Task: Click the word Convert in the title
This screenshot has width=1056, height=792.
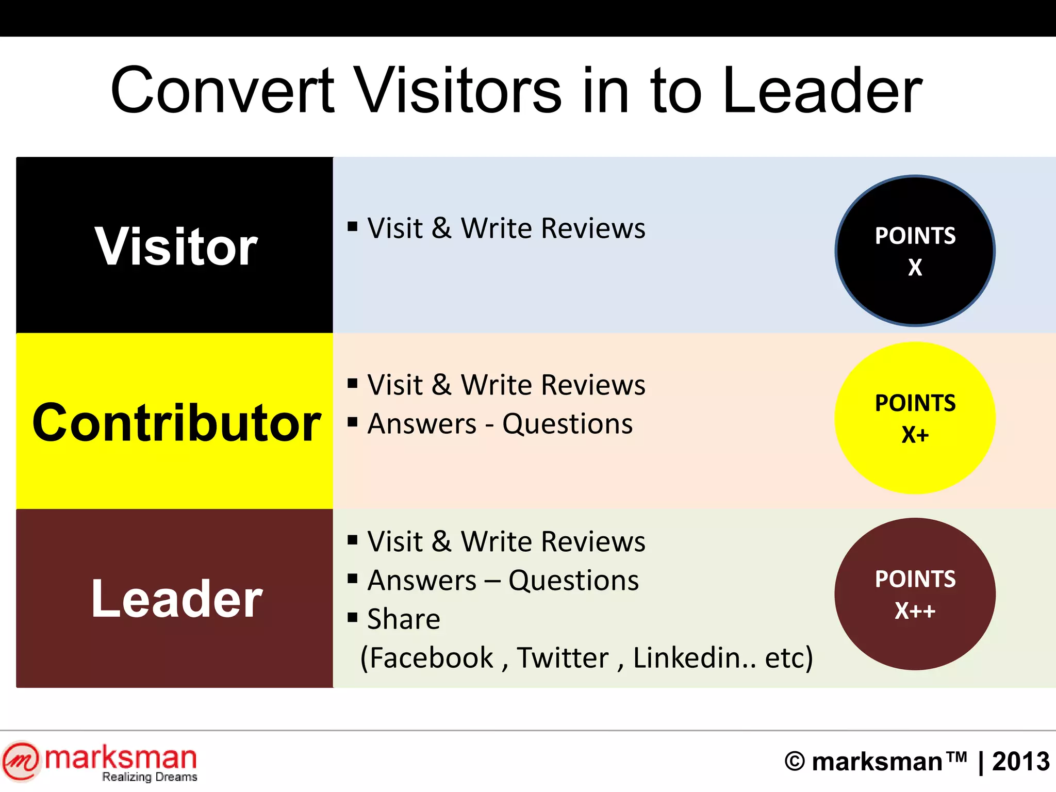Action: tap(223, 91)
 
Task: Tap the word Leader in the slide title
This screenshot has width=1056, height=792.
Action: tap(822, 91)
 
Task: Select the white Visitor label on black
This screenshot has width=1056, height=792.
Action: tap(176, 247)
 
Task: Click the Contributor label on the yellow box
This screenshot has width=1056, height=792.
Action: tap(176, 423)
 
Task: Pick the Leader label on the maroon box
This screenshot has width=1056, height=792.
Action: tap(176, 599)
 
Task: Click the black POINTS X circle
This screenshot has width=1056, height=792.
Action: tap(915, 251)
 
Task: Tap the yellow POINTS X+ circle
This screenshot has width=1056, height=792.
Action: tap(915, 418)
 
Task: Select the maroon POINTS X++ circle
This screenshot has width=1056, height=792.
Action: tap(915, 594)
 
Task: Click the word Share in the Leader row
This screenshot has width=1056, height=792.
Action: tap(404, 619)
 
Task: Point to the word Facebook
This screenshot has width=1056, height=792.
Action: tap(432, 658)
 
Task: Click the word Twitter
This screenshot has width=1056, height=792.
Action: tap(563, 658)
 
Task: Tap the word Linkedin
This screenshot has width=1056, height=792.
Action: tap(694, 658)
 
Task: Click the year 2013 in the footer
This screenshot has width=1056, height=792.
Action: tap(1020, 762)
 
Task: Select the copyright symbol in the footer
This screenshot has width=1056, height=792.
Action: tap(795, 762)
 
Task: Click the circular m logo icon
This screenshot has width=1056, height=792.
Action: tap(21, 761)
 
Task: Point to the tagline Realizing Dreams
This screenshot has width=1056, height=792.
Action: tap(150, 777)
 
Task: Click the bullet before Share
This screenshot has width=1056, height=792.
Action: tap(353, 617)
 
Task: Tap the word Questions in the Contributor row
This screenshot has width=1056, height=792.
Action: tap(567, 424)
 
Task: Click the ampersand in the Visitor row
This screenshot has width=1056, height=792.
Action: tap(441, 228)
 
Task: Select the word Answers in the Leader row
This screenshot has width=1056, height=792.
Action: tap(422, 581)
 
